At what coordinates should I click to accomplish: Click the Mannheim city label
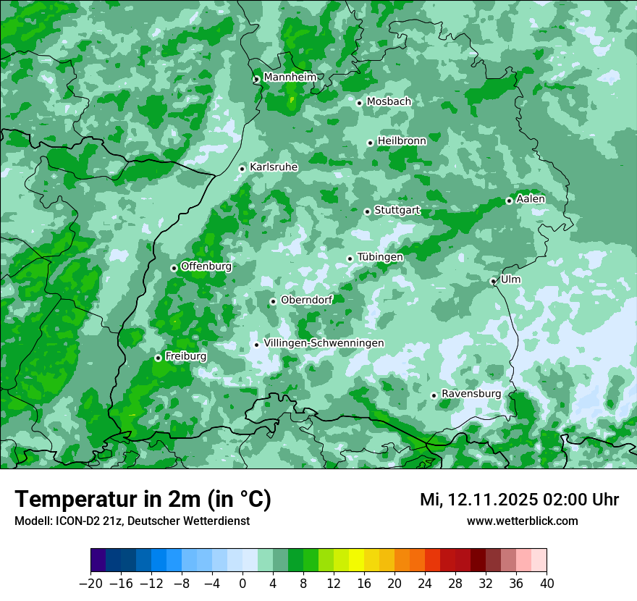pos(290,77)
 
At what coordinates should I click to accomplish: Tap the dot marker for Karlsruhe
pos(242,169)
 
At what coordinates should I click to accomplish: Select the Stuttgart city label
pos(397,211)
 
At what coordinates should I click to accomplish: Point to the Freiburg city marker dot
pos(158,358)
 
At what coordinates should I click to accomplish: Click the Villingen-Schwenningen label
pos(324,343)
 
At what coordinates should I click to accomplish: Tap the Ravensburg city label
pos(471,394)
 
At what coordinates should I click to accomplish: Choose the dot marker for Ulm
pos(493,282)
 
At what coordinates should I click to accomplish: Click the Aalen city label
pos(531,199)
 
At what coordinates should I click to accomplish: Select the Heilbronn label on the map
pos(402,140)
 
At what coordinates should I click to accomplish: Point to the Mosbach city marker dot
pos(359,103)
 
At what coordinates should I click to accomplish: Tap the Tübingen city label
pos(380,257)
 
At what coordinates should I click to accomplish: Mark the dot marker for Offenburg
pos(174,268)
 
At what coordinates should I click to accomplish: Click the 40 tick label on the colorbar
pos(547,584)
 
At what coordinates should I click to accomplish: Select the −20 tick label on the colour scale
pos(90,584)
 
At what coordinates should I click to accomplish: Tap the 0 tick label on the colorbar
pos(242,584)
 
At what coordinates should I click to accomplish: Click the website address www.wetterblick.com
pos(522,521)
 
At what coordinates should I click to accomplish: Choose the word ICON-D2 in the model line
pos(76,521)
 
